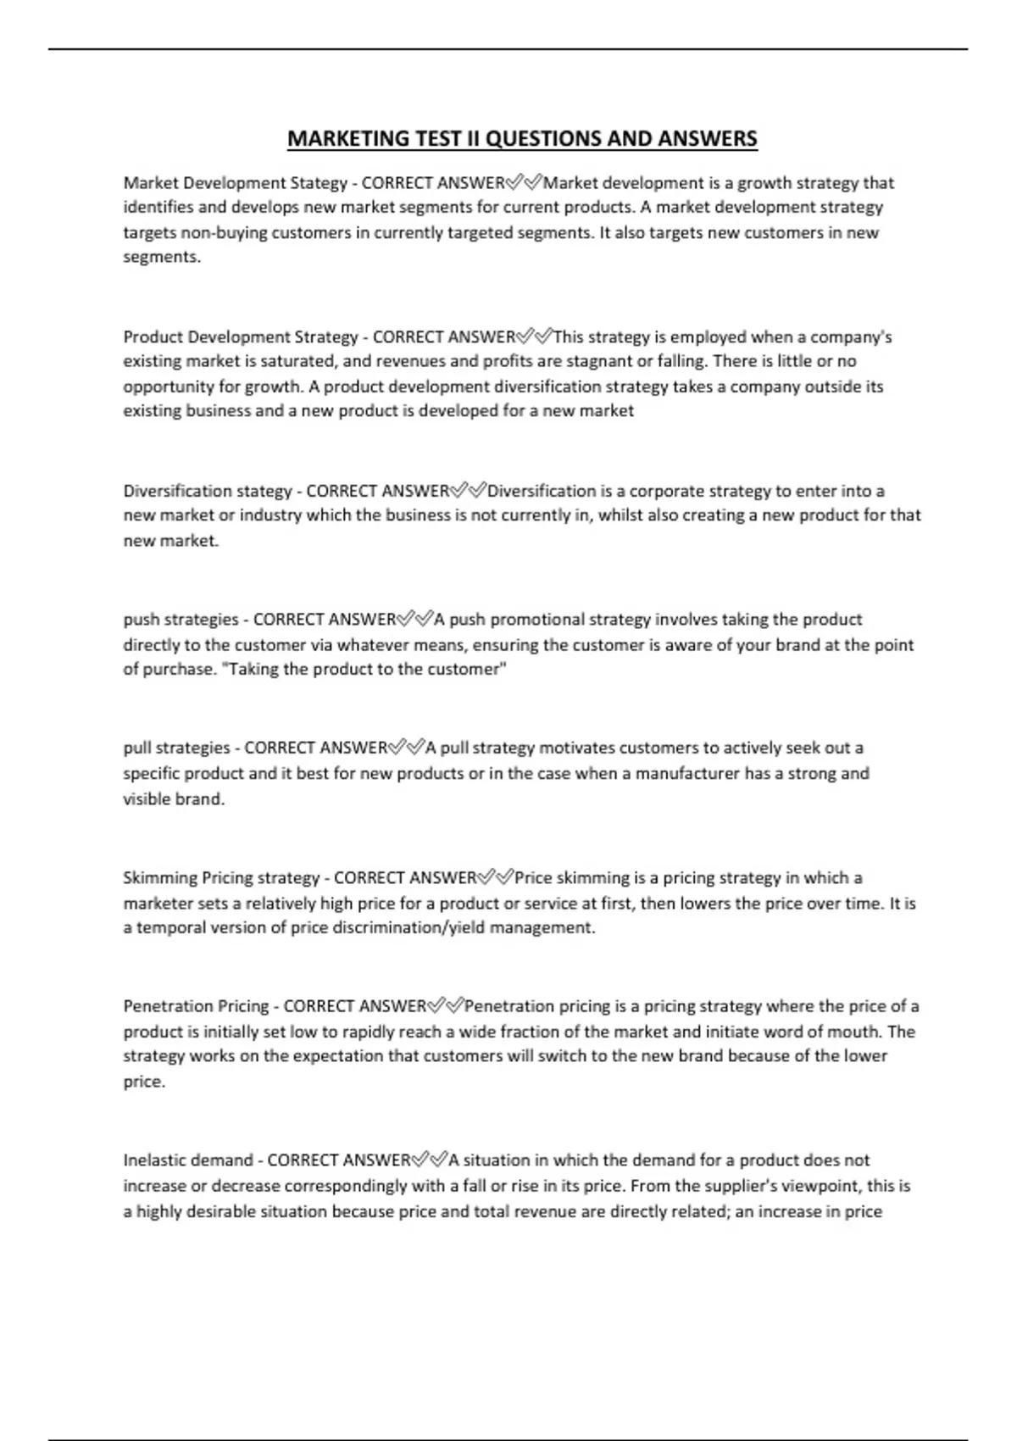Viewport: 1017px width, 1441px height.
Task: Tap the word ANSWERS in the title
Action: tap(708, 138)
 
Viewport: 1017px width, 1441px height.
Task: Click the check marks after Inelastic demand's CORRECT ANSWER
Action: tap(430, 1160)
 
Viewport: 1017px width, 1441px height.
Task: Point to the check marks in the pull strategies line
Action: tap(407, 748)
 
